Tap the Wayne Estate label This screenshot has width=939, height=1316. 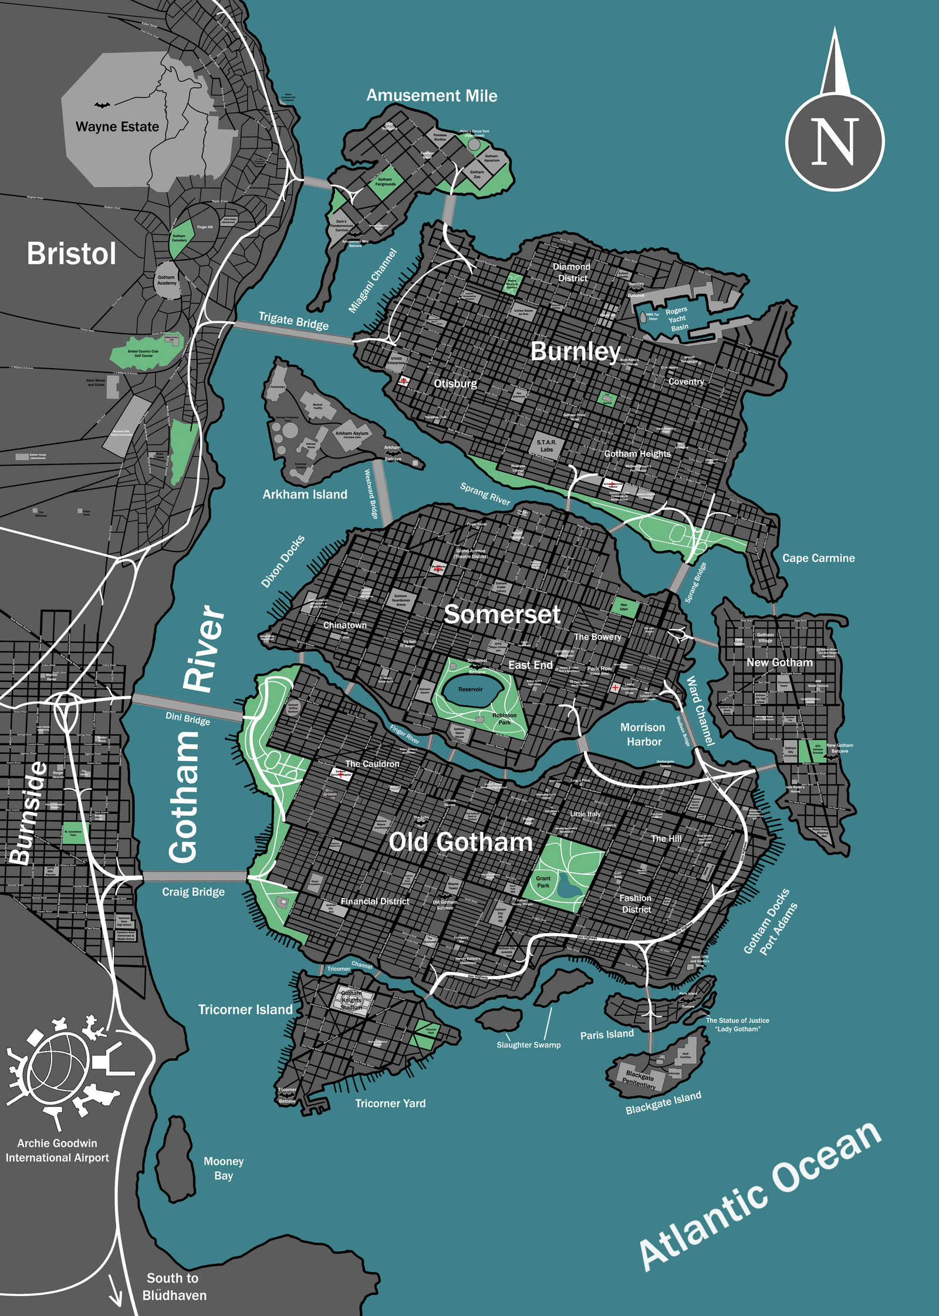(x=117, y=127)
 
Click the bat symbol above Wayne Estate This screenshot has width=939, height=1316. (x=102, y=105)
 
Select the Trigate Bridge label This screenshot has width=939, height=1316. (x=293, y=321)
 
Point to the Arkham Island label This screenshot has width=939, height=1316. (x=305, y=494)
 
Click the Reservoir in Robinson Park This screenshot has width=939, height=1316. (x=471, y=689)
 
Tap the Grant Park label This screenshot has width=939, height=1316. (x=543, y=882)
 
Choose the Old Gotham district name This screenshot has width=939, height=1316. (x=460, y=842)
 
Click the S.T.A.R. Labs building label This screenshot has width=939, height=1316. (x=546, y=446)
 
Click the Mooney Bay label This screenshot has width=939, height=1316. (x=224, y=1168)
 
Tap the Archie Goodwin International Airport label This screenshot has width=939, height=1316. (x=57, y=1150)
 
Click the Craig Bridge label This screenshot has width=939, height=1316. (x=193, y=892)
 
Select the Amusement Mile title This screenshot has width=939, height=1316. (x=432, y=96)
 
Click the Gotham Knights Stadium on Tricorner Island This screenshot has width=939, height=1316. (x=352, y=1001)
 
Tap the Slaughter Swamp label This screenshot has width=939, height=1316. (x=528, y=1045)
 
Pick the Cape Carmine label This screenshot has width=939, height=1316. (x=818, y=558)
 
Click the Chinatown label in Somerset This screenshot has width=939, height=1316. (x=345, y=625)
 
